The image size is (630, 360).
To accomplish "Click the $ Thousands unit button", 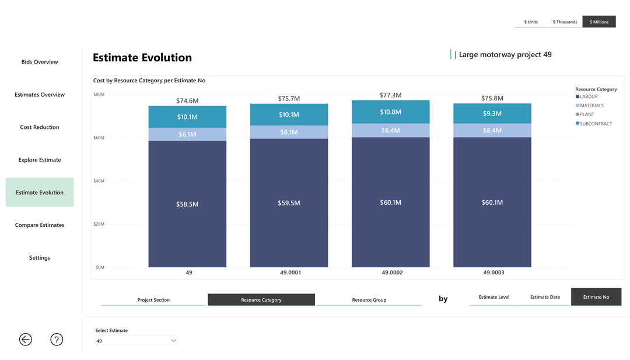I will pyautogui.click(x=565, y=22).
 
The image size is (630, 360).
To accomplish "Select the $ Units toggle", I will pyautogui.click(x=531, y=22).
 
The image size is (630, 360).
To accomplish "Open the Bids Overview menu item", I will pyautogui.click(x=40, y=62).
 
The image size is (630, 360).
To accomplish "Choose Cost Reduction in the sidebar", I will pyautogui.click(x=40, y=127).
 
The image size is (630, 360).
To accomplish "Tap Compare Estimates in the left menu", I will pyautogui.click(x=40, y=225).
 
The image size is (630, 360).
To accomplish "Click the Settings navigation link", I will pyautogui.click(x=40, y=258).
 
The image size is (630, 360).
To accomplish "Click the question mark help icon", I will pyautogui.click(x=57, y=340).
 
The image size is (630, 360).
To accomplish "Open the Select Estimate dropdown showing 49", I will pyautogui.click(x=136, y=341).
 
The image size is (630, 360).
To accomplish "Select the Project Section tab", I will pyautogui.click(x=153, y=300).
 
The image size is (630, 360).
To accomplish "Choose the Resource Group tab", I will pyautogui.click(x=369, y=300).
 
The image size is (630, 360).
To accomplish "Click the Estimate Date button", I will pyautogui.click(x=545, y=297).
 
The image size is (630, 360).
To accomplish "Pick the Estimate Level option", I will pyautogui.click(x=494, y=297).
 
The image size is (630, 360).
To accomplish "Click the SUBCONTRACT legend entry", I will pyautogui.click(x=596, y=124).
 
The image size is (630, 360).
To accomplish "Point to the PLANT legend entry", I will pyautogui.click(x=587, y=114).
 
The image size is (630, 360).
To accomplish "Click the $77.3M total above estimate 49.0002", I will pyautogui.click(x=390, y=95).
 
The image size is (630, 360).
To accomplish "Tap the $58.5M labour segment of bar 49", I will pyautogui.click(x=187, y=204).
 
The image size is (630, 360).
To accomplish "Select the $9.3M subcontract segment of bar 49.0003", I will pyautogui.click(x=492, y=114).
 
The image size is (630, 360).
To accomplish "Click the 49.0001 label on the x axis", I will pyautogui.click(x=289, y=272).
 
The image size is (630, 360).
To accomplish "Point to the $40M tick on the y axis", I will pyautogui.click(x=99, y=181).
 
